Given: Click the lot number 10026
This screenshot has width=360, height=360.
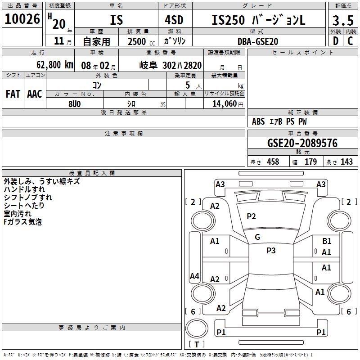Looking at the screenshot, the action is click(x=22, y=19).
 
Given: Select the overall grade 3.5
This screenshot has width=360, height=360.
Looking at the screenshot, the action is click(x=343, y=20).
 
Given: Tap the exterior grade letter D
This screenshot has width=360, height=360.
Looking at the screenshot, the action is click(x=336, y=41).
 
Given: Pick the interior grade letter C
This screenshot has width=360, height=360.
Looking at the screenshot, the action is click(x=350, y=41).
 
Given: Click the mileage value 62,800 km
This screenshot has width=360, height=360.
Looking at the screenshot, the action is click(x=55, y=65).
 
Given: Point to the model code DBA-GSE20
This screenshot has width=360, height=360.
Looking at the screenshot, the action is click(x=258, y=41).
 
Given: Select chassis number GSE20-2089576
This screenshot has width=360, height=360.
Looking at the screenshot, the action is click(x=302, y=143).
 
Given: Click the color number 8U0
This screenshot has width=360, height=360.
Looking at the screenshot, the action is click(x=75, y=104).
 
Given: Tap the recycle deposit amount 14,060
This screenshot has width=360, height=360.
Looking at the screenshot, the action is click(x=225, y=104).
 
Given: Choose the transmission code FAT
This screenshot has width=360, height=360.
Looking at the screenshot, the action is click(x=13, y=94).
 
